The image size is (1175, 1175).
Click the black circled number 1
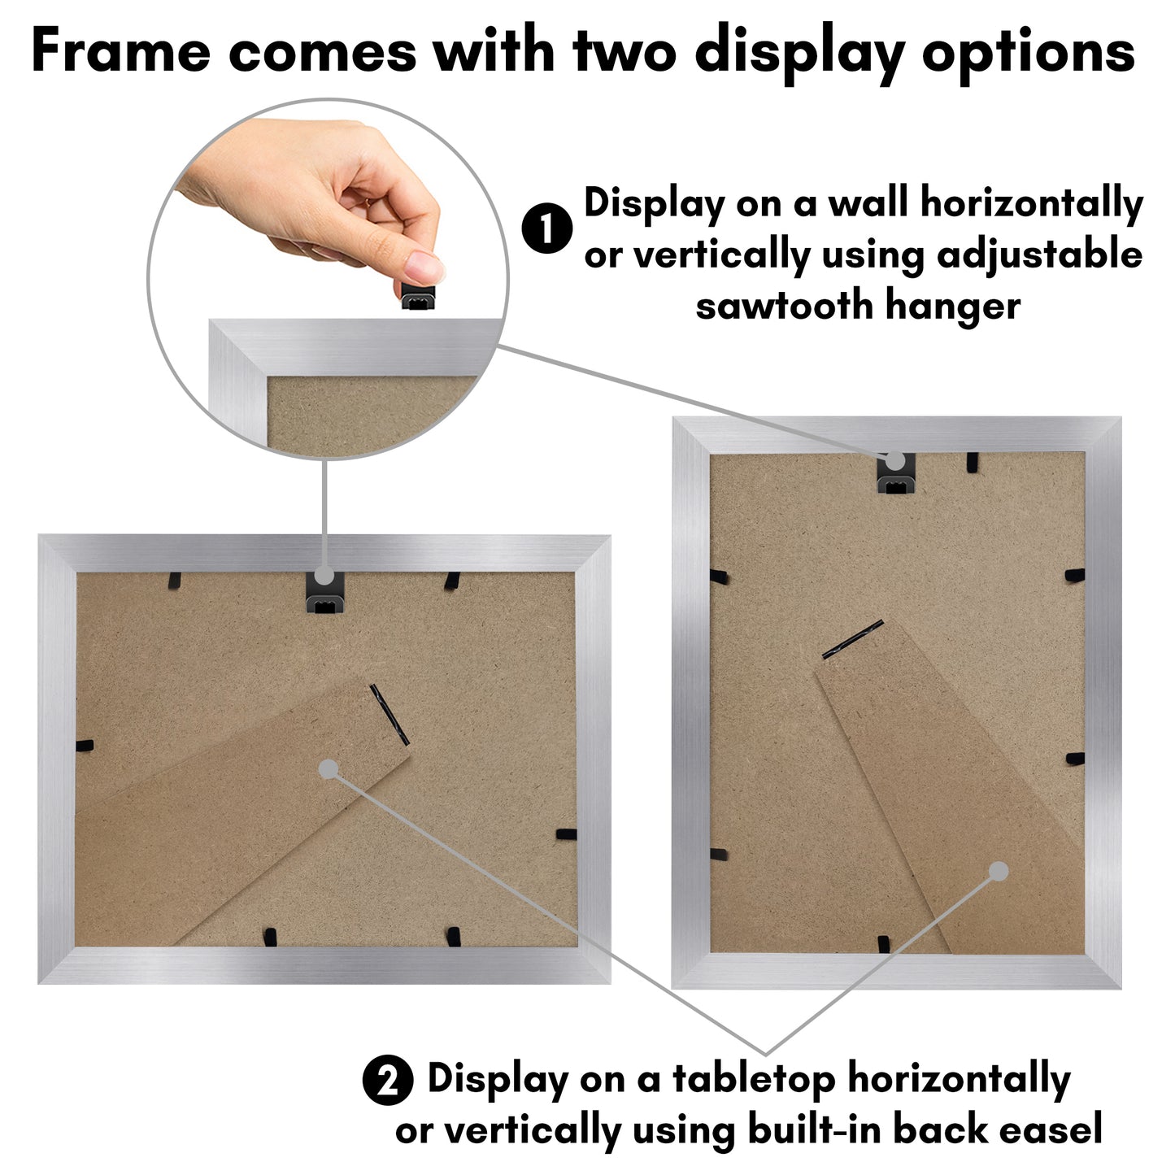tap(547, 228)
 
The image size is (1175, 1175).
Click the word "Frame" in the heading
tap(120, 51)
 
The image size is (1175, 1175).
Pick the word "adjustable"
tap(1040, 255)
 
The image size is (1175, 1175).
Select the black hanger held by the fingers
tap(418, 296)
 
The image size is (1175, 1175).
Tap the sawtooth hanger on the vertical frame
tap(896, 474)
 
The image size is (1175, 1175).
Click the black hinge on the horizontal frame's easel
tap(389, 714)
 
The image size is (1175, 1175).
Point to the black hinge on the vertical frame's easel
tap(852, 639)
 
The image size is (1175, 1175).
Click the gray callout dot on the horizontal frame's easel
tap(329, 769)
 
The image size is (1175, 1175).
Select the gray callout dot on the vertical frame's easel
tap(999, 872)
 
